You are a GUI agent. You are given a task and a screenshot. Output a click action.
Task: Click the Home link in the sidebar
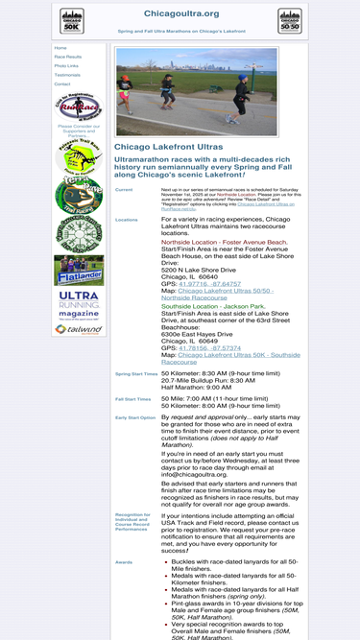tap(61, 48)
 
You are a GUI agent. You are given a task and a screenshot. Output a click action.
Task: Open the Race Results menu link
tap(68, 57)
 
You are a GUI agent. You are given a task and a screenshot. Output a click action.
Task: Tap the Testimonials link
tap(68, 75)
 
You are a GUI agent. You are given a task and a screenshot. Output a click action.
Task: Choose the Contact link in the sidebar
tap(62, 83)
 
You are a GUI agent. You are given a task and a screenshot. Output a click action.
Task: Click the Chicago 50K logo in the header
tap(72, 21)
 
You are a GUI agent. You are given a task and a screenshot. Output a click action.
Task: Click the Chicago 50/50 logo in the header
tap(289, 21)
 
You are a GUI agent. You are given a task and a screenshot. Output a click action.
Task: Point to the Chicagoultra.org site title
tap(180, 14)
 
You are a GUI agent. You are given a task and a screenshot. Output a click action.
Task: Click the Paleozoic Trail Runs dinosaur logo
tap(79, 157)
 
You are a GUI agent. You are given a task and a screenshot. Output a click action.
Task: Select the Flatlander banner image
tap(79, 271)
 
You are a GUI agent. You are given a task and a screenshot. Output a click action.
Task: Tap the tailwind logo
tap(79, 328)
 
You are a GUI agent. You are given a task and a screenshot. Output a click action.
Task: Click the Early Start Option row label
tap(134, 417)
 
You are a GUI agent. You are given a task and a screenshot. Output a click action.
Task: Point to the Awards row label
tap(124, 561)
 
